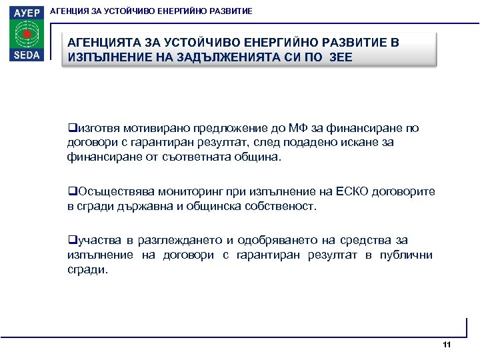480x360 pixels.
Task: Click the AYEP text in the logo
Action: pyautogui.click(x=27, y=12)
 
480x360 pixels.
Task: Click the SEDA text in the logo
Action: pyautogui.click(x=27, y=55)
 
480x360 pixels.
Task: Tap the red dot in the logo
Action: pyautogui.click(x=27, y=33)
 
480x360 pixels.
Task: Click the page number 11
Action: pyautogui.click(x=447, y=345)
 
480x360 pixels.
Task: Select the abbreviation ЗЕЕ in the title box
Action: pyautogui.click(x=339, y=57)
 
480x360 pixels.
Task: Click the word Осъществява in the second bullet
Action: pyautogui.click(x=109, y=192)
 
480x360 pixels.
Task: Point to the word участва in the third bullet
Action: pyautogui.click(x=95, y=240)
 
